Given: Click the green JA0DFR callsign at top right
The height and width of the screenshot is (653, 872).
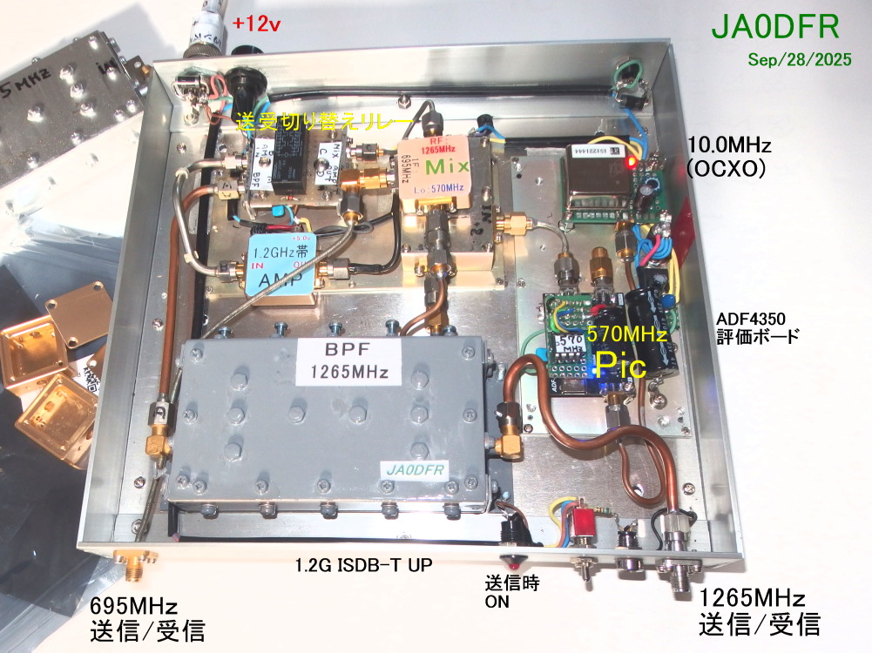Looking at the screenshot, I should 775,27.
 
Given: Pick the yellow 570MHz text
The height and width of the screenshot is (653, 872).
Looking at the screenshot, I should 626,333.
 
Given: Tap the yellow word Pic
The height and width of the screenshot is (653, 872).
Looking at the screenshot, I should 619,366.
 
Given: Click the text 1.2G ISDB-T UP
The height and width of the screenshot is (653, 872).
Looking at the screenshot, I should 365,565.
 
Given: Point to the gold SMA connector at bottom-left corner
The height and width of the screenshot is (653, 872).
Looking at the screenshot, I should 132,567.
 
